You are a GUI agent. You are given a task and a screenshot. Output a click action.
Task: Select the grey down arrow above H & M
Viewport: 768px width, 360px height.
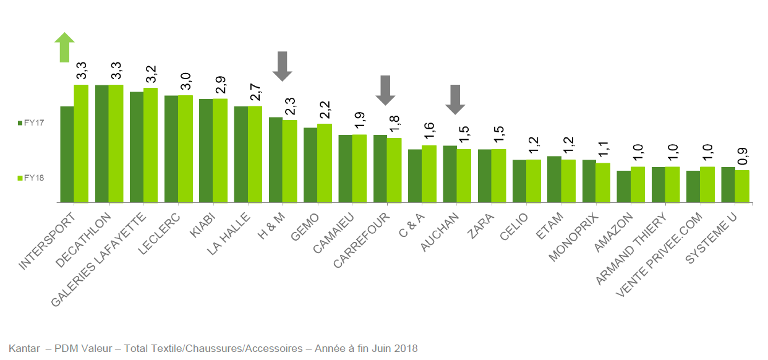coord(283,66)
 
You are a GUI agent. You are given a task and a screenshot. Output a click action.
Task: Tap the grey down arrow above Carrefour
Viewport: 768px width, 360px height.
coord(385,90)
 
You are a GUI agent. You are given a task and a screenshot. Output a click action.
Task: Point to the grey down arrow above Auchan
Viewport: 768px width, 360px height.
coord(455,99)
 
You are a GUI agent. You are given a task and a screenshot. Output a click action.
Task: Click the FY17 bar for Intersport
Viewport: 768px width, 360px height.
coord(67,154)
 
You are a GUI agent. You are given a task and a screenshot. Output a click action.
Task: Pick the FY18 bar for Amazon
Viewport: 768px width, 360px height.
coord(638,184)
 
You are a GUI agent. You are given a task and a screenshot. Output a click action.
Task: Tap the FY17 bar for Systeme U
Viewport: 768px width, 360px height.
coord(728,184)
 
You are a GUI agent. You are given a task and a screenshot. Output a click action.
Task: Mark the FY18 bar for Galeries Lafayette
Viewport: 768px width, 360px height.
coord(150,145)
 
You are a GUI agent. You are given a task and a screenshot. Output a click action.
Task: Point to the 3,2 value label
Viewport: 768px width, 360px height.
coord(151,74)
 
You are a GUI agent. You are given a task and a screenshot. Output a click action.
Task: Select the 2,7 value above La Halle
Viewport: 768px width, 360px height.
coord(255,93)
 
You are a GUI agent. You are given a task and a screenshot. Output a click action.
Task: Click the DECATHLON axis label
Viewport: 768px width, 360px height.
coord(83,241)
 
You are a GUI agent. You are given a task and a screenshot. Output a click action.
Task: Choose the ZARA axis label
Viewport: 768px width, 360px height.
coord(480,225)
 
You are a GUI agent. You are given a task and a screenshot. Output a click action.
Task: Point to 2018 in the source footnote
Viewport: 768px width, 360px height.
coord(406,348)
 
